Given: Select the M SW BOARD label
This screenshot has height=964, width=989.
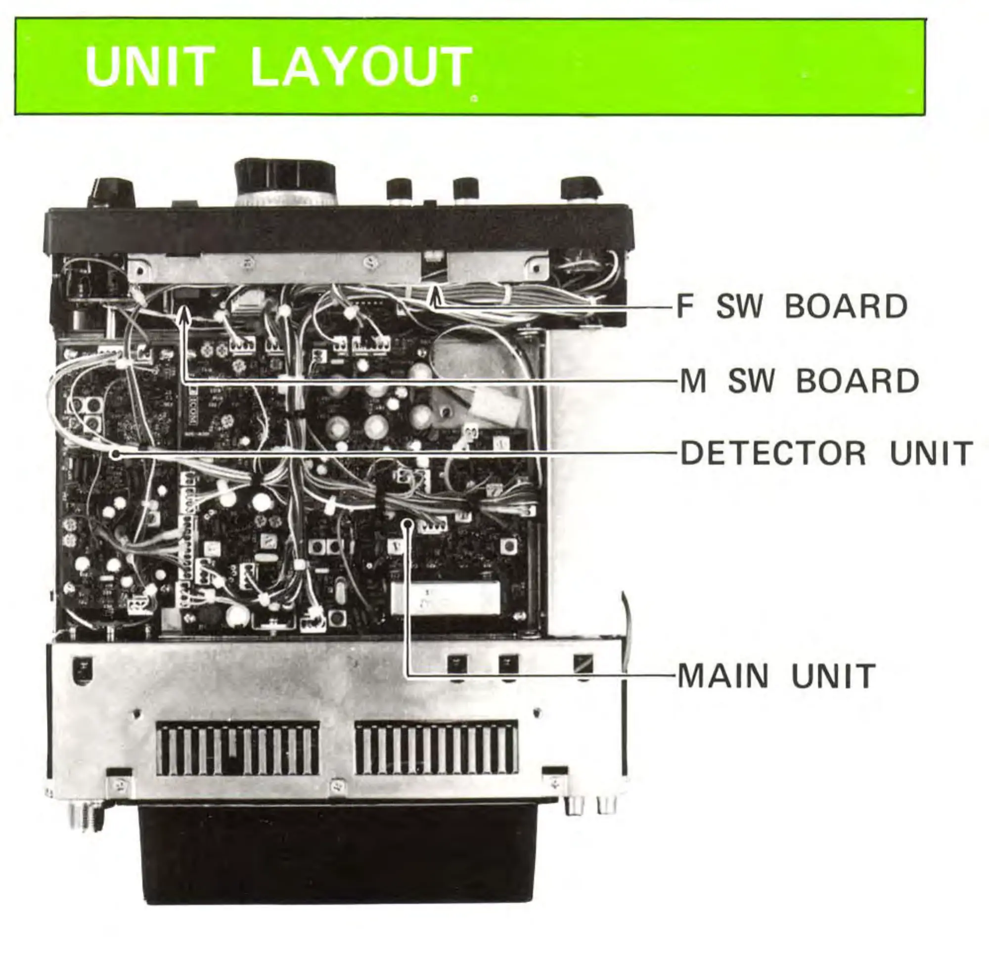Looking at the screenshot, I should click(x=799, y=381).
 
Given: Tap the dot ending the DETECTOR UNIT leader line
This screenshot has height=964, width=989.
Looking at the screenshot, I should click(x=117, y=454).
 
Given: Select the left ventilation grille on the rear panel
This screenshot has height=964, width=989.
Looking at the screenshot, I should click(x=237, y=748).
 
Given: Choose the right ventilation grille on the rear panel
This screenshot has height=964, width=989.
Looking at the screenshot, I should click(x=436, y=748).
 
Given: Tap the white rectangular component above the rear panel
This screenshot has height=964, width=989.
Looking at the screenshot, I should click(x=446, y=598).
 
